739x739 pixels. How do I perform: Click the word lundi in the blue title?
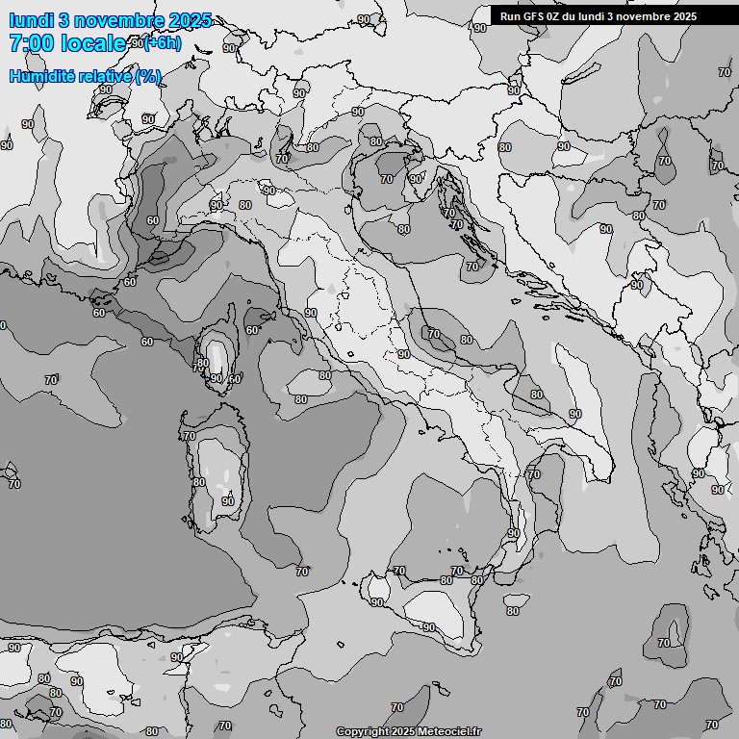coord(30,20)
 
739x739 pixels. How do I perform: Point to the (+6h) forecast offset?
coord(163,42)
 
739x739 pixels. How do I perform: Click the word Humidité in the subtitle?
coord(40,76)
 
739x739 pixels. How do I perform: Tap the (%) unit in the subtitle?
coord(147,76)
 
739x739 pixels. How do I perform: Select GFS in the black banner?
coord(532,16)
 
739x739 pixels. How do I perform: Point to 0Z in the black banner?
coord(554,16)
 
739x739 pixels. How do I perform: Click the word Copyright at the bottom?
coord(362,732)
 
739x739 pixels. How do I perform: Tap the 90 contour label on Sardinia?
coord(228,501)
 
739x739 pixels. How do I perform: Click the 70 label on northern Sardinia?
coord(190,436)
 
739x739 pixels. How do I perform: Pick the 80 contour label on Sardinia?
coord(198,482)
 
